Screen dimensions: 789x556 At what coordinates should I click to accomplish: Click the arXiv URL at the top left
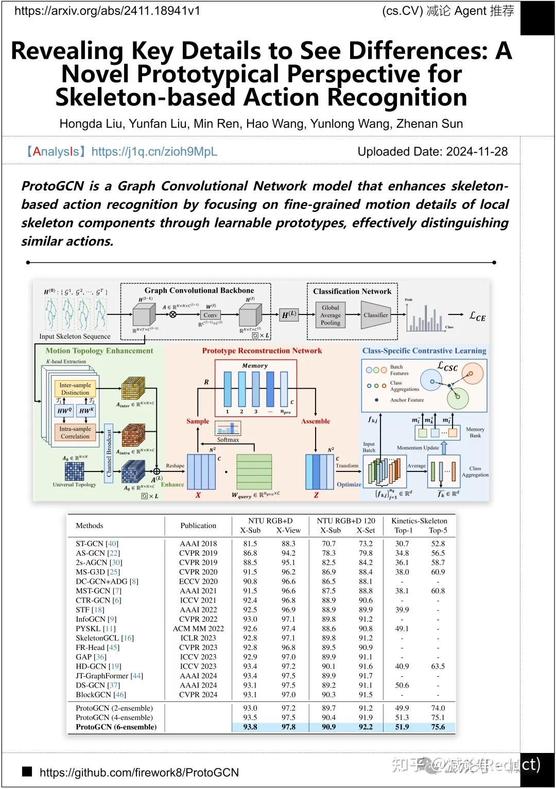pos(107,11)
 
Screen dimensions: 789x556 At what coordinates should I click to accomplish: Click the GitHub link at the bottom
pos(139,772)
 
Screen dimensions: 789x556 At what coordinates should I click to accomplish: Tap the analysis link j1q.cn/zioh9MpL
pos(154,152)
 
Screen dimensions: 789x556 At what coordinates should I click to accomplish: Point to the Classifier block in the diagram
pos(376,315)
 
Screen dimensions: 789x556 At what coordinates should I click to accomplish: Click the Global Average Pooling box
pos(331,315)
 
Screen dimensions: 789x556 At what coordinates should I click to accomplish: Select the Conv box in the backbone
pos(210,315)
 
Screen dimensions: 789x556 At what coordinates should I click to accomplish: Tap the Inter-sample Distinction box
pos(75,389)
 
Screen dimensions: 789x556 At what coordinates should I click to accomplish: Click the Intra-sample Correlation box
pos(75,433)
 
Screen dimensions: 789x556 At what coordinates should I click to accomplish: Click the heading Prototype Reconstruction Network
pos(262,351)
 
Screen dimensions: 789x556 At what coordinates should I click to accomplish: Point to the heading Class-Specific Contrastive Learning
pos(424,351)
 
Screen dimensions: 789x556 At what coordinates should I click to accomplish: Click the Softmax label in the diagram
pos(228,440)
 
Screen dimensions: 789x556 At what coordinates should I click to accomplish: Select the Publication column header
pos(198,525)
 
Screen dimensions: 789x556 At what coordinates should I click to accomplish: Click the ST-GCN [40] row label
pos(97,543)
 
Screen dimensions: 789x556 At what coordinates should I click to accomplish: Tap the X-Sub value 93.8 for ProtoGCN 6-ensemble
pos(250,727)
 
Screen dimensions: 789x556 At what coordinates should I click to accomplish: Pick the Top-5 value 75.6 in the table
pos(438,727)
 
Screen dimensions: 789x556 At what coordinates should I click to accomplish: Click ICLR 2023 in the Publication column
pos(198,638)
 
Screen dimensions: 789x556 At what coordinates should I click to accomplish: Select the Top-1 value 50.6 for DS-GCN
pos(402,686)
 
